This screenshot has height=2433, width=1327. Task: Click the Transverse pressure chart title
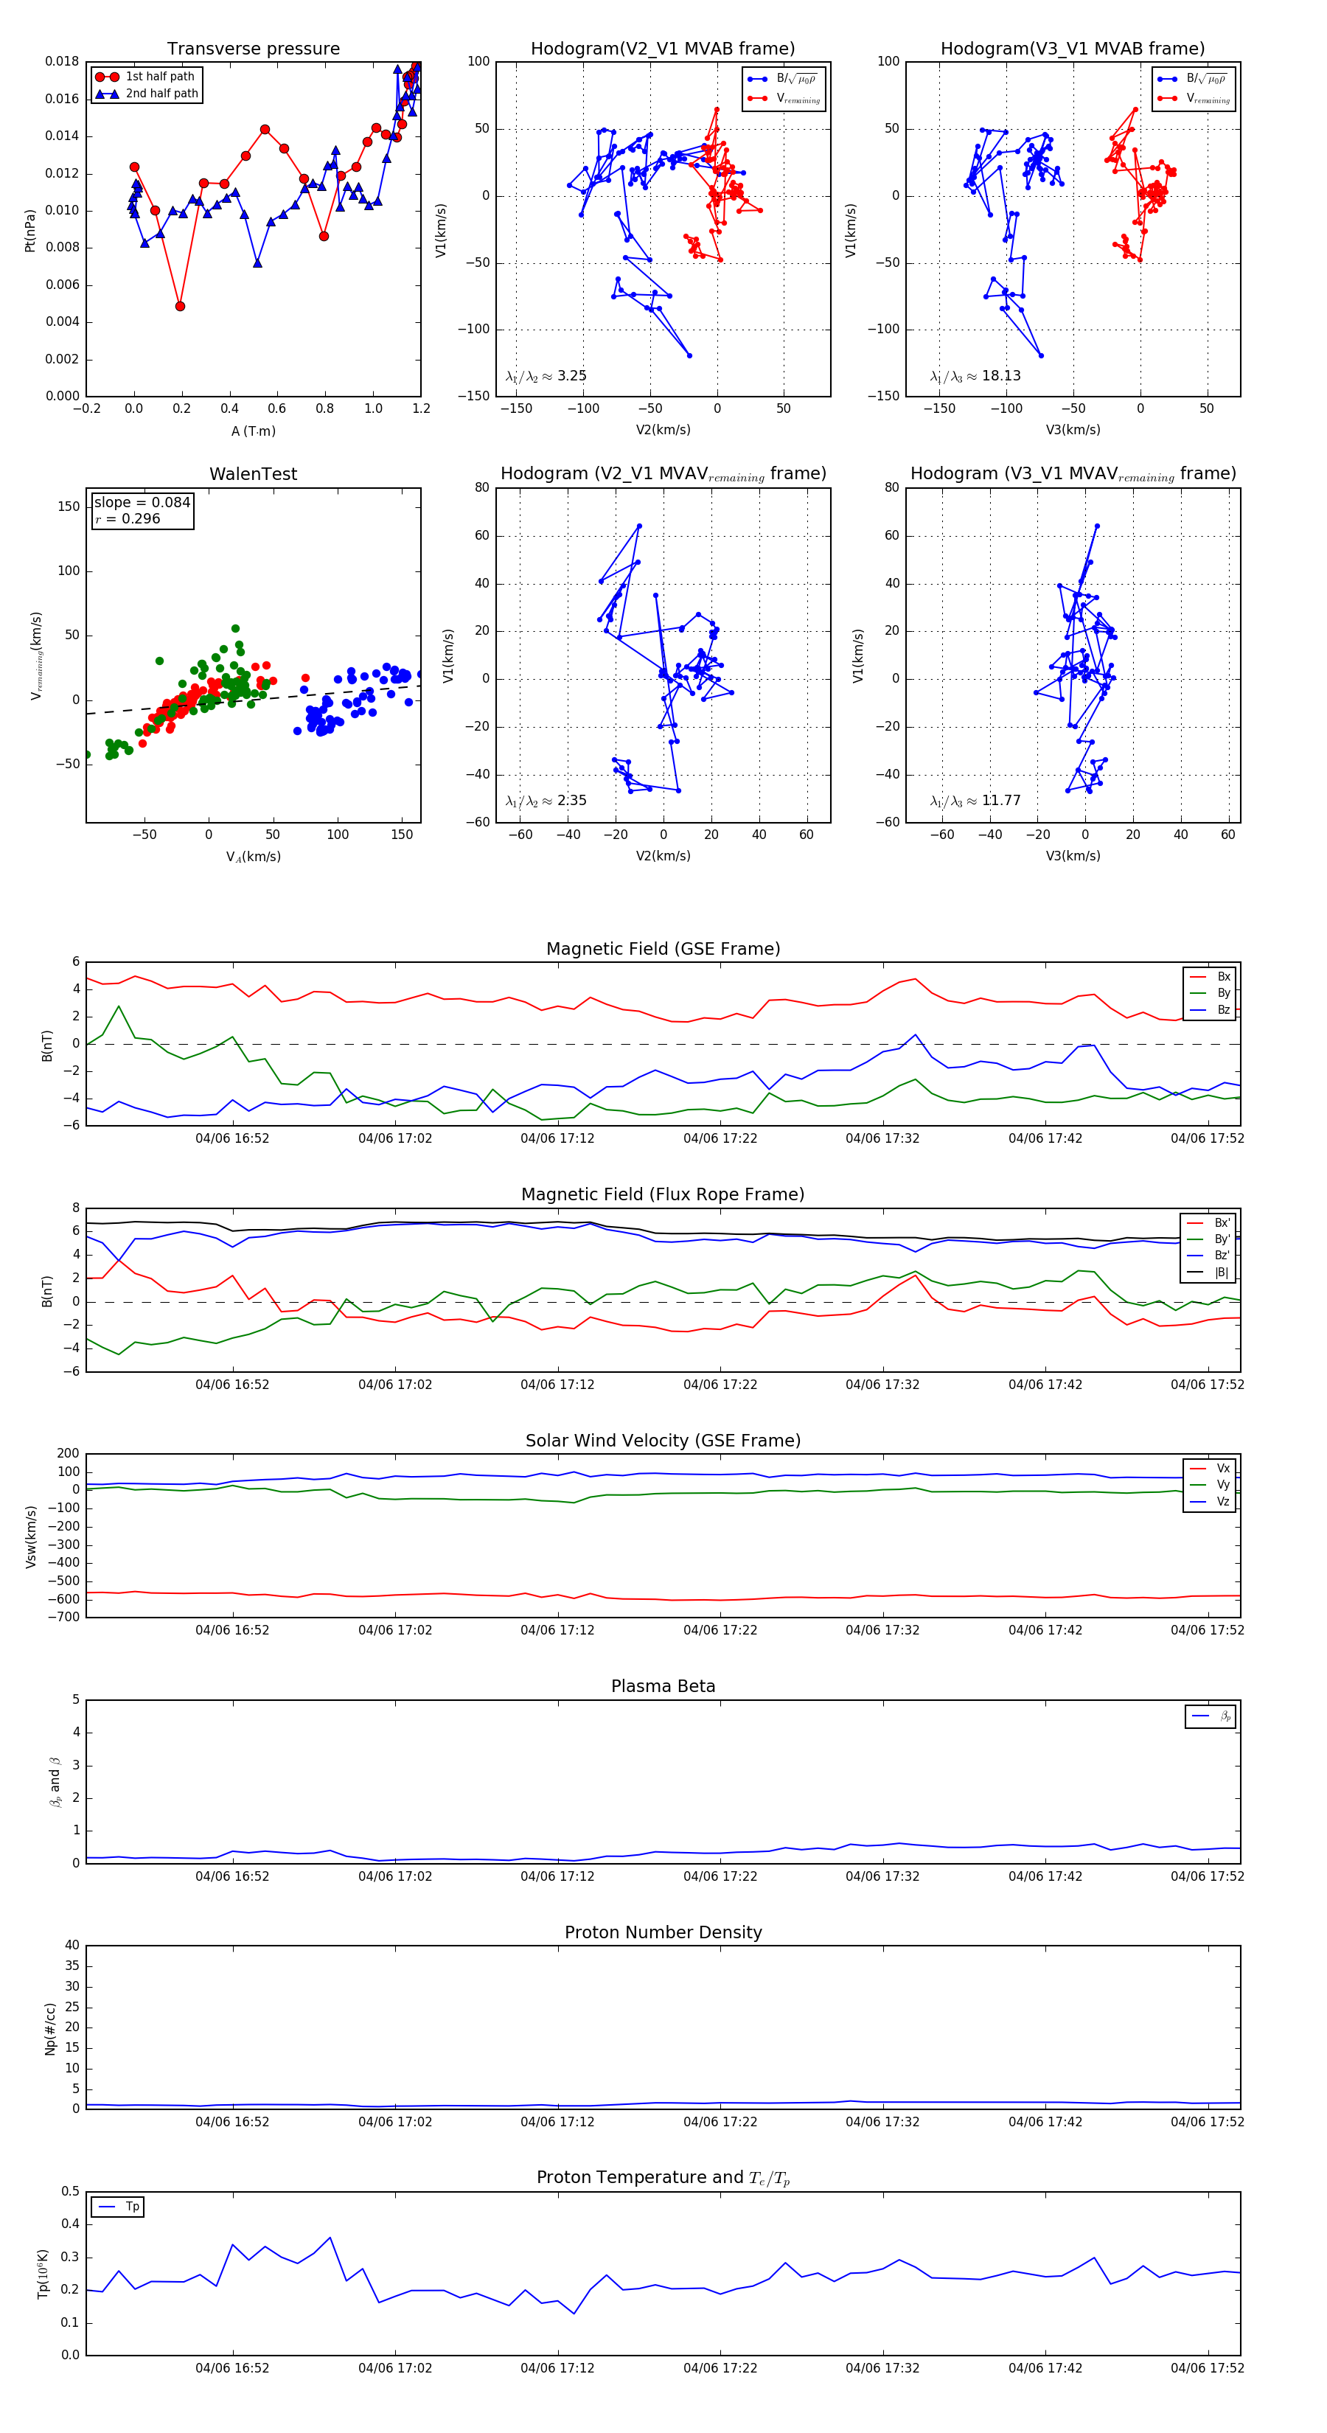pos(253,49)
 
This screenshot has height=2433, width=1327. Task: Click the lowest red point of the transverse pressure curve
pos(179,306)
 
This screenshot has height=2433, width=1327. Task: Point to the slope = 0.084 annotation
pos(142,503)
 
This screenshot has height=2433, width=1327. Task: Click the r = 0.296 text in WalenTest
pos(128,518)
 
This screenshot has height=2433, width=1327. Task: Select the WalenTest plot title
pos(253,474)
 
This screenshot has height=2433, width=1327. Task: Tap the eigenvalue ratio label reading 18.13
pos(975,376)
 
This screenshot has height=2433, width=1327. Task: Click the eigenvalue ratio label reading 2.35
pos(546,801)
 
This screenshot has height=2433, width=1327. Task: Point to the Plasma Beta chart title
pos(663,1686)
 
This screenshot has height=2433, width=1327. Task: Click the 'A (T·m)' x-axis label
pos(253,431)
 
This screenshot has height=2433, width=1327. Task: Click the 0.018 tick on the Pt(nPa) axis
pos(63,61)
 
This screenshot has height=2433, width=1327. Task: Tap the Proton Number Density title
pos(663,1932)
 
